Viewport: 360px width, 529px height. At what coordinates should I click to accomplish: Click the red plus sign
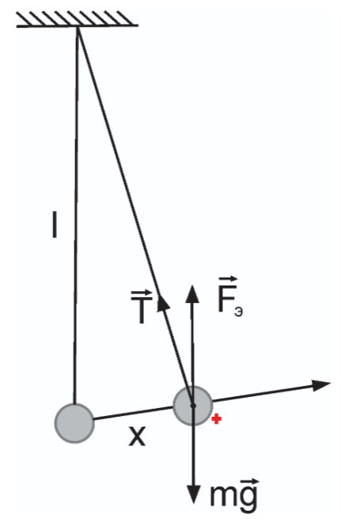point(216,419)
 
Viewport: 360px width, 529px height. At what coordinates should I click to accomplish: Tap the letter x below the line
point(137,436)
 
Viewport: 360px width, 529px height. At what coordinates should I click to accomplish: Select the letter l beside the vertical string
point(55,225)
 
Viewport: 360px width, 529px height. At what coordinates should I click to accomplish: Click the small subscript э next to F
point(238,312)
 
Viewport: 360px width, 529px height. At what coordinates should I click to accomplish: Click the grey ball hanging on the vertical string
point(74,423)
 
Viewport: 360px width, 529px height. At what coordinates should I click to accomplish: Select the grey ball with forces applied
point(192,406)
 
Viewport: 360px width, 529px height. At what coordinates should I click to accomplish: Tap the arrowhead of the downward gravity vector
point(194,494)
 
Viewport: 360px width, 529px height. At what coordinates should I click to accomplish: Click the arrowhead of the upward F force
point(192,294)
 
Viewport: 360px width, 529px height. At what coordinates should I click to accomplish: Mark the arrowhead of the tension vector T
point(163,301)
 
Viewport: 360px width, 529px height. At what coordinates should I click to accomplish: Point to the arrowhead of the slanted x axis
point(320,385)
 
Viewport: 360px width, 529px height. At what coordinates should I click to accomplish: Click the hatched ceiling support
point(78,19)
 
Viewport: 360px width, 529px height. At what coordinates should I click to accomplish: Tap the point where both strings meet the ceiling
point(78,26)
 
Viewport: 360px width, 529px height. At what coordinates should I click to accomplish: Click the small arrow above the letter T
point(142,293)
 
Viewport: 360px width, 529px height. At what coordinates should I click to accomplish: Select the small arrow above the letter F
point(228,280)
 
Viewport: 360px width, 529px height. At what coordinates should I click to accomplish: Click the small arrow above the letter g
point(249,482)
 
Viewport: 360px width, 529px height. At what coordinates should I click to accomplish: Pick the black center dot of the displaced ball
point(193,405)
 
